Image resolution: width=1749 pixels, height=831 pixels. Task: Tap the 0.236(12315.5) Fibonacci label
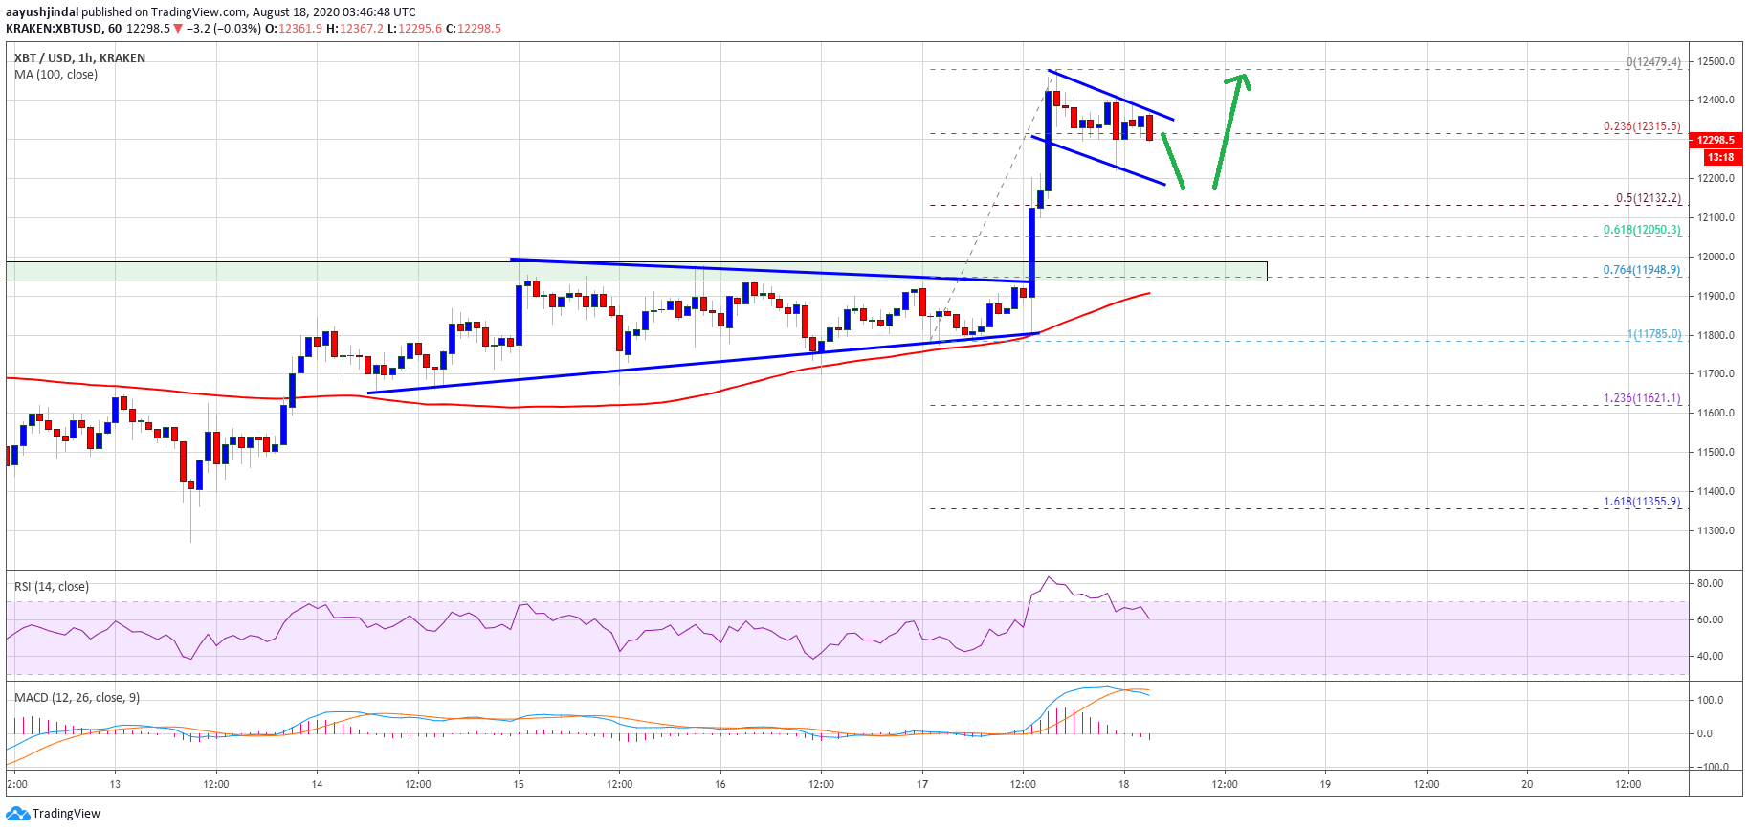coord(1642,126)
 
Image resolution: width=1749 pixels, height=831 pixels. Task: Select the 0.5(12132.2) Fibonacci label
coord(1648,198)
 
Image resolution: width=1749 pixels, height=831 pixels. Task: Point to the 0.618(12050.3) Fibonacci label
coord(1642,230)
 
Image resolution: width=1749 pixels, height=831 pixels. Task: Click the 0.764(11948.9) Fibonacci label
coord(1642,270)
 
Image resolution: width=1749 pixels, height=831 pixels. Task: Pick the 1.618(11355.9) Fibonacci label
coord(1642,502)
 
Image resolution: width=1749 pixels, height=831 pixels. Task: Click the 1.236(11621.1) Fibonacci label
coord(1642,398)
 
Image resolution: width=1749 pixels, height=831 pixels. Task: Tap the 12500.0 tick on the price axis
coord(1716,61)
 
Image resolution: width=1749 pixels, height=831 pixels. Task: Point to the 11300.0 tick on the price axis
coord(1716,530)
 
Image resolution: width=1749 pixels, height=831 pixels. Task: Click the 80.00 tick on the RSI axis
coord(1710,583)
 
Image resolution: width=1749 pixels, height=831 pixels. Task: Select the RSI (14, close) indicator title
coord(52,587)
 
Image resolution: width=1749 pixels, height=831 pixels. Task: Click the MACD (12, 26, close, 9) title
coord(77,698)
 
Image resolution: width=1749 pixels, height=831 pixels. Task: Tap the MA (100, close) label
coord(55,75)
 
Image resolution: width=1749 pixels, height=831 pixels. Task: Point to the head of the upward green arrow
coord(1240,79)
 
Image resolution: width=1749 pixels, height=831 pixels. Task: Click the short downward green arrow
coord(1174,161)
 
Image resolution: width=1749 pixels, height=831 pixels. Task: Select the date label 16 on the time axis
coord(720,784)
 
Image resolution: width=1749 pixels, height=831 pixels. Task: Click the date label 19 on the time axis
coord(1325,784)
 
